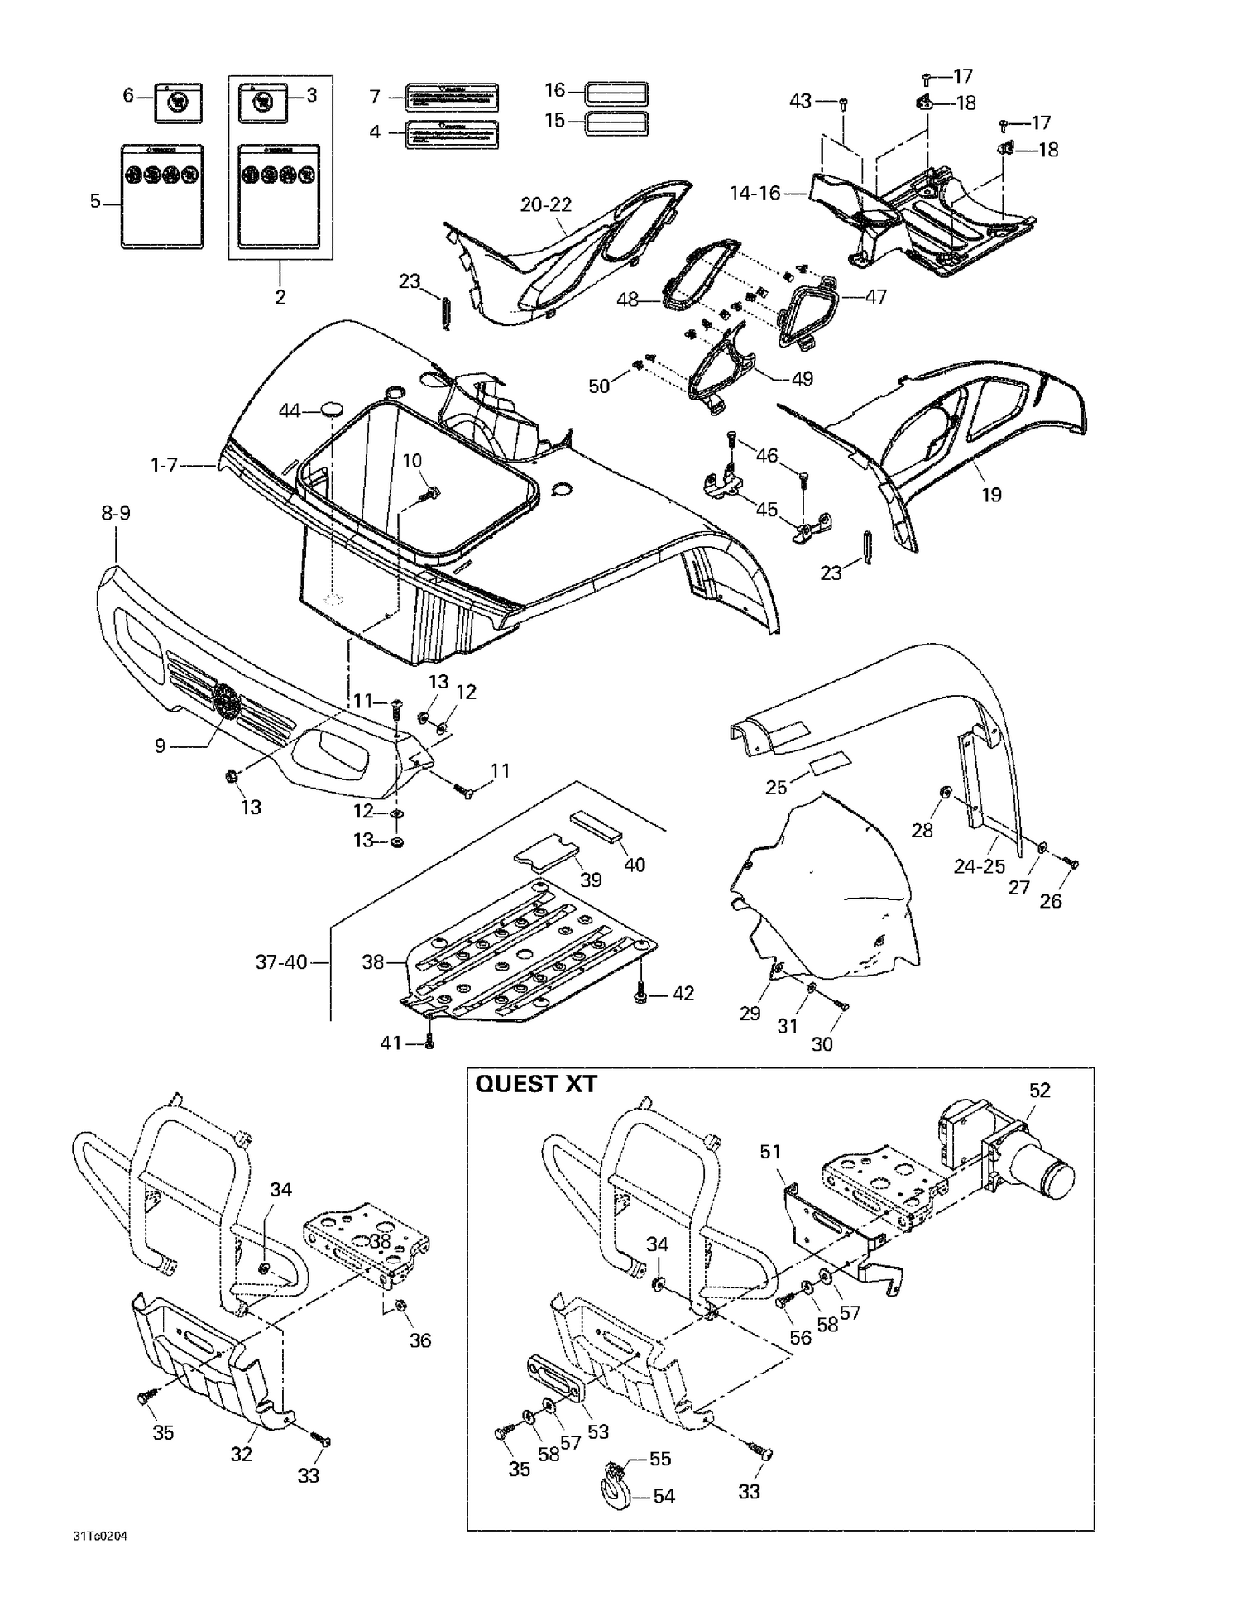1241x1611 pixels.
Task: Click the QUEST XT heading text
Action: [x=535, y=1084]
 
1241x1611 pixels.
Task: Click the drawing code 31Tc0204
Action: [x=99, y=1537]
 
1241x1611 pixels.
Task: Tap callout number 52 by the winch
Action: [x=1039, y=1091]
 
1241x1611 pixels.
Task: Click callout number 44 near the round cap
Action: [x=289, y=410]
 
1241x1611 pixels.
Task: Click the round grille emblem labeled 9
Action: [x=226, y=702]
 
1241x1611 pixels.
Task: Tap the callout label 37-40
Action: [x=281, y=962]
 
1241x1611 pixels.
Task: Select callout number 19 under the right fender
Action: [x=990, y=495]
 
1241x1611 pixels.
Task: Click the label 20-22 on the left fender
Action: [x=546, y=204]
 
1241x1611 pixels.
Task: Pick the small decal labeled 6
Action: [x=178, y=103]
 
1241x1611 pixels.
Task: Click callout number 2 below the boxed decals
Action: [x=280, y=297]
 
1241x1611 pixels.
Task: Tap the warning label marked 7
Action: [x=451, y=98]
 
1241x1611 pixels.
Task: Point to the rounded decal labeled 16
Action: [x=616, y=92]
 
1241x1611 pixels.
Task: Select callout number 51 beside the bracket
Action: [x=770, y=1152]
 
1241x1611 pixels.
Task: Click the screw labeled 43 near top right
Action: [x=843, y=104]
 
